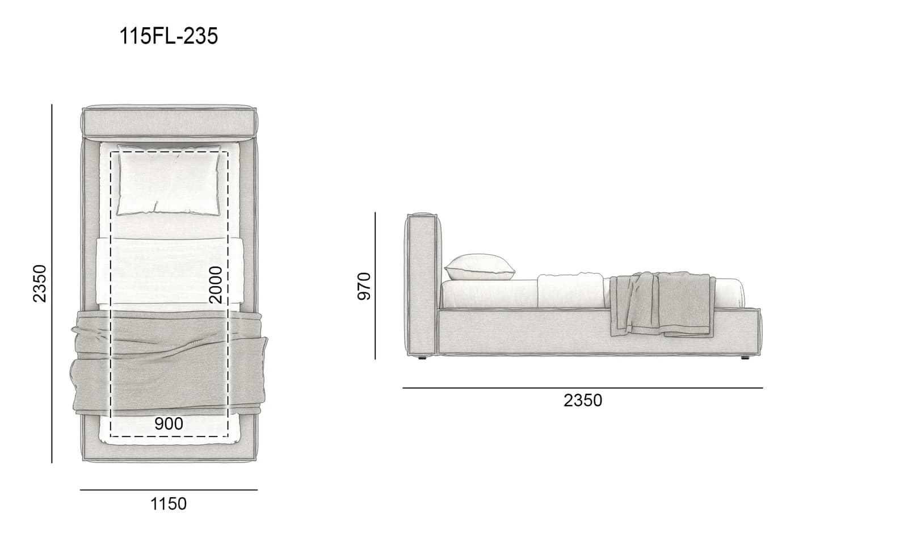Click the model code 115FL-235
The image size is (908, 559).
click(169, 36)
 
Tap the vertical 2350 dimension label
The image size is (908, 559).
click(40, 284)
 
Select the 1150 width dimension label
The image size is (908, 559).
click(169, 504)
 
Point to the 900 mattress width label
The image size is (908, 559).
click(169, 423)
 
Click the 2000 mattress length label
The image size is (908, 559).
click(215, 285)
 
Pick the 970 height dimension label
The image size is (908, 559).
click(364, 286)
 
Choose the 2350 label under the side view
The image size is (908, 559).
click(583, 401)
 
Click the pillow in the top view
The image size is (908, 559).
click(169, 179)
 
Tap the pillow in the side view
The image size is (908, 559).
click(480, 267)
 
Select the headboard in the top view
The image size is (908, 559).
click(170, 121)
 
